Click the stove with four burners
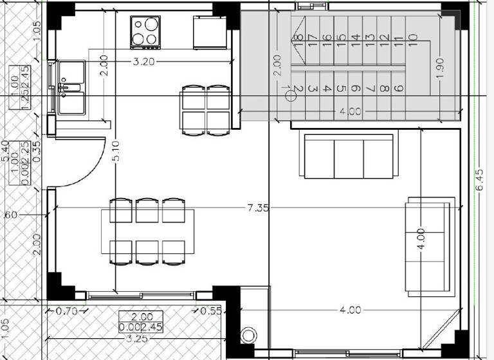point(146,32)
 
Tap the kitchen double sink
point(71,87)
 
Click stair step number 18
point(298,42)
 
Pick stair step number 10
point(413,42)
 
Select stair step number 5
point(342,89)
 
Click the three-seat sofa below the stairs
point(348,156)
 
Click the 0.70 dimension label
point(66,311)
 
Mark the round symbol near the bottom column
point(249,336)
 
